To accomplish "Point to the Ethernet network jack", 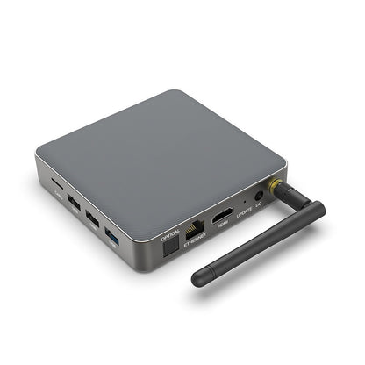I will (x=196, y=230).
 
